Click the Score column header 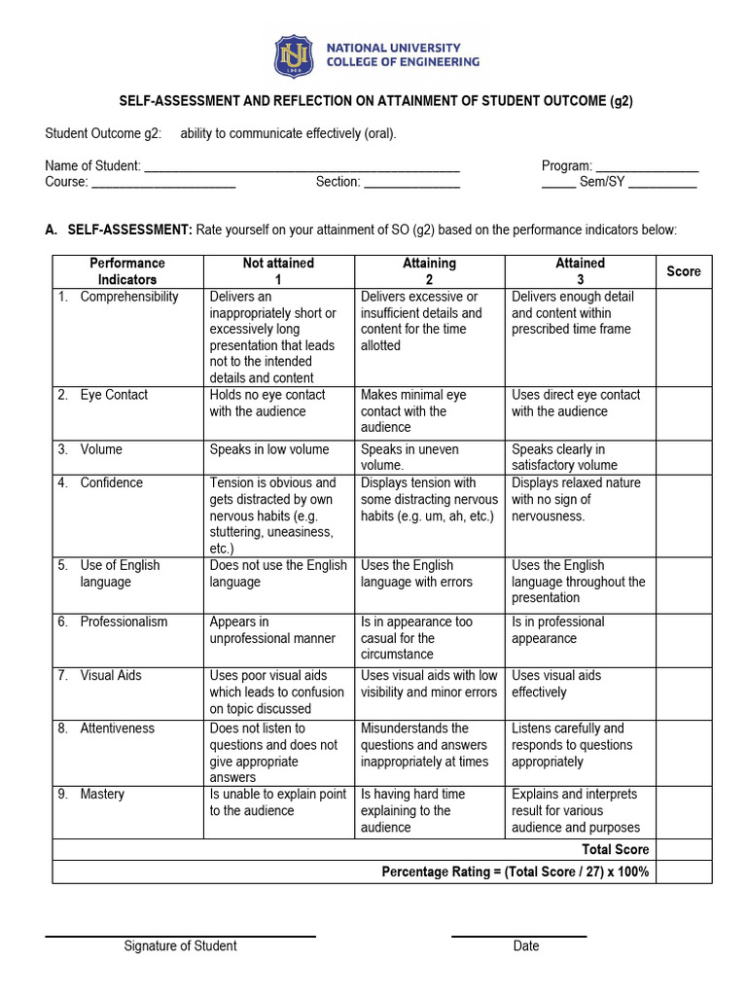[683, 271]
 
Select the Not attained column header [278, 271]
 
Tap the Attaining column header [429, 271]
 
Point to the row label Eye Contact [114, 395]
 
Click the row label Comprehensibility [128, 297]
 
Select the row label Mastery [102, 795]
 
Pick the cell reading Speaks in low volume [269, 449]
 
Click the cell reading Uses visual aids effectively [555, 684]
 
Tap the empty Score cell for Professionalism [683, 639]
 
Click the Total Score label [615, 849]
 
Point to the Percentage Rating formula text [515, 871]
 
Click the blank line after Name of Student [302, 167]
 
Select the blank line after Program [647, 167]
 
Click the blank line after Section [411, 183]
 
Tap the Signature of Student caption [180, 946]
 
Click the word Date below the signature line [525, 946]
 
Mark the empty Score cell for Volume [683, 457]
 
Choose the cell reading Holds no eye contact [267, 404]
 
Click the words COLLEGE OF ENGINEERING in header [402, 62]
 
